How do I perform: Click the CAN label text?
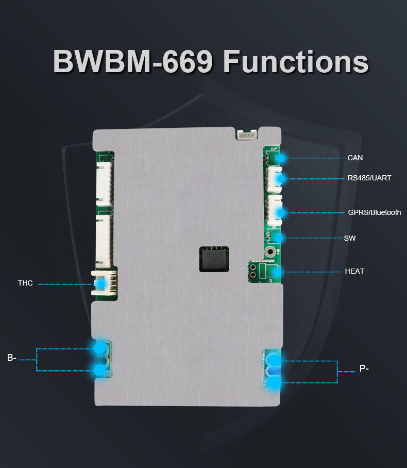(x=355, y=158)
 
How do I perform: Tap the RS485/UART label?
(x=369, y=178)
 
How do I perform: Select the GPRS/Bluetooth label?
(x=374, y=212)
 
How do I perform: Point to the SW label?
(x=349, y=238)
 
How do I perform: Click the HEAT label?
(x=354, y=271)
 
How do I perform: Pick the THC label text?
(x=25, y=283)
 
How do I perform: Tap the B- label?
(x=12, y=357)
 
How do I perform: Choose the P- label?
(x=364, y=369)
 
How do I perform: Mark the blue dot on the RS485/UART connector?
(x=280, y=179)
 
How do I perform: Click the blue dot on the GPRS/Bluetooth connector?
(x=281, y=212)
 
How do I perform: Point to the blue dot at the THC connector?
(x=102, y=283)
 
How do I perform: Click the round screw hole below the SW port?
(x=269, y=252)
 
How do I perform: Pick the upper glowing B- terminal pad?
(x=98, y=348)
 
